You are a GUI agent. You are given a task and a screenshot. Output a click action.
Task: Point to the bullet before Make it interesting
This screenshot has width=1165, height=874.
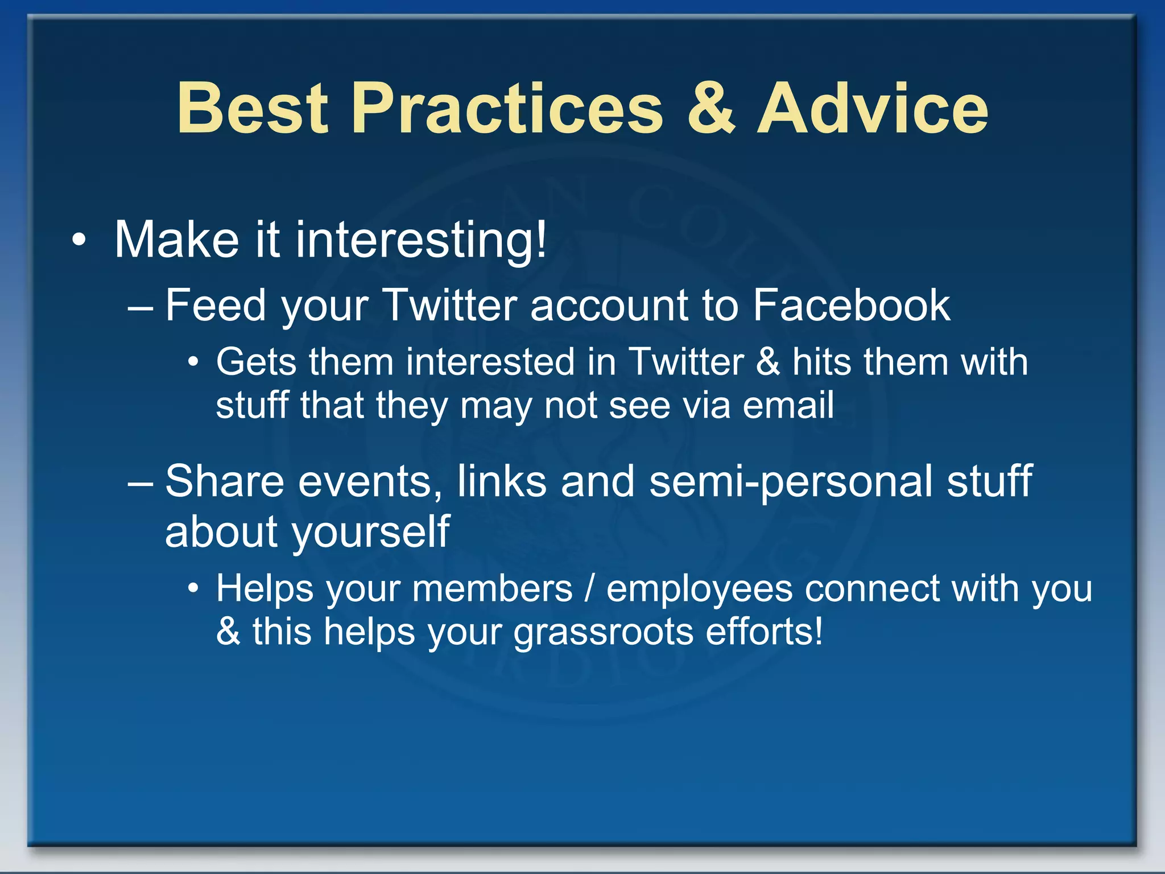[x=79, y=241]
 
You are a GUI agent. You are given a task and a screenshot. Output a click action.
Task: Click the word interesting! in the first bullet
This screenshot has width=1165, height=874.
[x=421, y=241]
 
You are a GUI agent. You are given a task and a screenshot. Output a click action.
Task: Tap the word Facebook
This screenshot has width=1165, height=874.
[x=851, y=306]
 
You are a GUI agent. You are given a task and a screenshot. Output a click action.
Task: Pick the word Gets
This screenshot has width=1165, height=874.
[x=257, y=362]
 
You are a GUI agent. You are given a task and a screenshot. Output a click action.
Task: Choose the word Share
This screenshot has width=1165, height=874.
[x=224, y=481]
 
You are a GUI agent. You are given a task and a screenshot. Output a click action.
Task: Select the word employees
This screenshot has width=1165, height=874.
[x=699, y=588]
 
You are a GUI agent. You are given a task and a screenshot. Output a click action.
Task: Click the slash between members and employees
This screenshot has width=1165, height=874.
[x=589, y=588]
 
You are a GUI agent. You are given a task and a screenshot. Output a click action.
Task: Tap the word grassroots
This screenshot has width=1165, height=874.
[x=603, y=632]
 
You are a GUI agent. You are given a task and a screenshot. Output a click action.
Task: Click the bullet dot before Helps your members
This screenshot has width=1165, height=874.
[x=194, y=588]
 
